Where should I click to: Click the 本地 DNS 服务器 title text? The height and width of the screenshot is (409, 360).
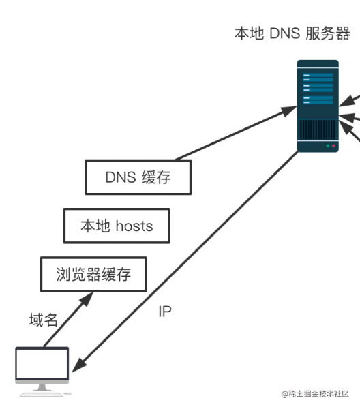pyautogui.click(x=292, y=33)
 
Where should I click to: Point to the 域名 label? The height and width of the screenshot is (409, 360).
pyautogui.click(x=44, y=320)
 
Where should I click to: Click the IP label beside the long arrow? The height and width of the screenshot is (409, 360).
pyautogui.click(x=165, y=312)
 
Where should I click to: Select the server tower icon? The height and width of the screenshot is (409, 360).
pyautogui.click(x=318, y=106)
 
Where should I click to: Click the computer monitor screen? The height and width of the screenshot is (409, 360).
pyautogui.click(x=42, y=363)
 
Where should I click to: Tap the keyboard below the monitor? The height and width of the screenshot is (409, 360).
pyautogui.click(x=42, y=395)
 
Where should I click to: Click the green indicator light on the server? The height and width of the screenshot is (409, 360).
pyautogui.click(x=328, y=146)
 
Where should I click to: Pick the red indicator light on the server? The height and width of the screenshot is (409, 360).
pyautogui.click(x=333, y=146)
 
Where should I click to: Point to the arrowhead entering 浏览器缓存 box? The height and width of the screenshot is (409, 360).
pyautogui.click(x=87, y=299)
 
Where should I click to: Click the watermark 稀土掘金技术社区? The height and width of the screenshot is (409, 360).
pyautogui.click(x=315, y=394)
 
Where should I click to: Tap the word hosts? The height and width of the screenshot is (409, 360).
pyautogui.click(x=134, y=226)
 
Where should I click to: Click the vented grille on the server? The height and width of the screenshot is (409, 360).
pyautogui.click(x=318, y=130)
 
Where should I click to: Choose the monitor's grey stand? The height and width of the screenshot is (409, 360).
pyautogui.click(x=42, y=387)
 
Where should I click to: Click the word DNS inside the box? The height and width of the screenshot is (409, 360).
pyautogui.click(x=121, y=177)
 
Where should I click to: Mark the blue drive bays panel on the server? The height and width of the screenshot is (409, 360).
pyautogui.click(x=318, y=89)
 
